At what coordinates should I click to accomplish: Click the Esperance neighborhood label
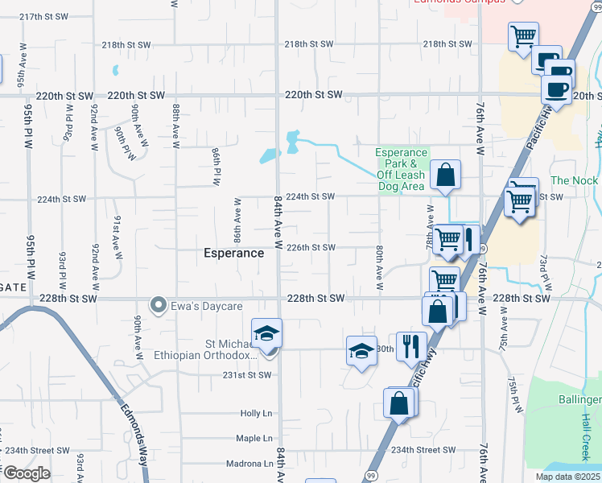[233, 253]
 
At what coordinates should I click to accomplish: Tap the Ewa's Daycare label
[196, 305]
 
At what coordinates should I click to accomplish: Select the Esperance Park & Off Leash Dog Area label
[402, 170]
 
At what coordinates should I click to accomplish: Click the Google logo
[27, 473]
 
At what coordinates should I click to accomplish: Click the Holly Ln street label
[258, 413]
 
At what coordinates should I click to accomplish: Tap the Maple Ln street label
[255, 439]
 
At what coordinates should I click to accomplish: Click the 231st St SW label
[246, 375]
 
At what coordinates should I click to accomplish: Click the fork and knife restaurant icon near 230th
[411, 346]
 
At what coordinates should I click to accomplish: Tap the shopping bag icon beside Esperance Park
[445, 175]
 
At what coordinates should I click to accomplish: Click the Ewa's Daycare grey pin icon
[159, 305]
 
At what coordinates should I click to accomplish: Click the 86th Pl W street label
[216, 167]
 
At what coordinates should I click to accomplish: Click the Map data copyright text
[568, 477]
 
